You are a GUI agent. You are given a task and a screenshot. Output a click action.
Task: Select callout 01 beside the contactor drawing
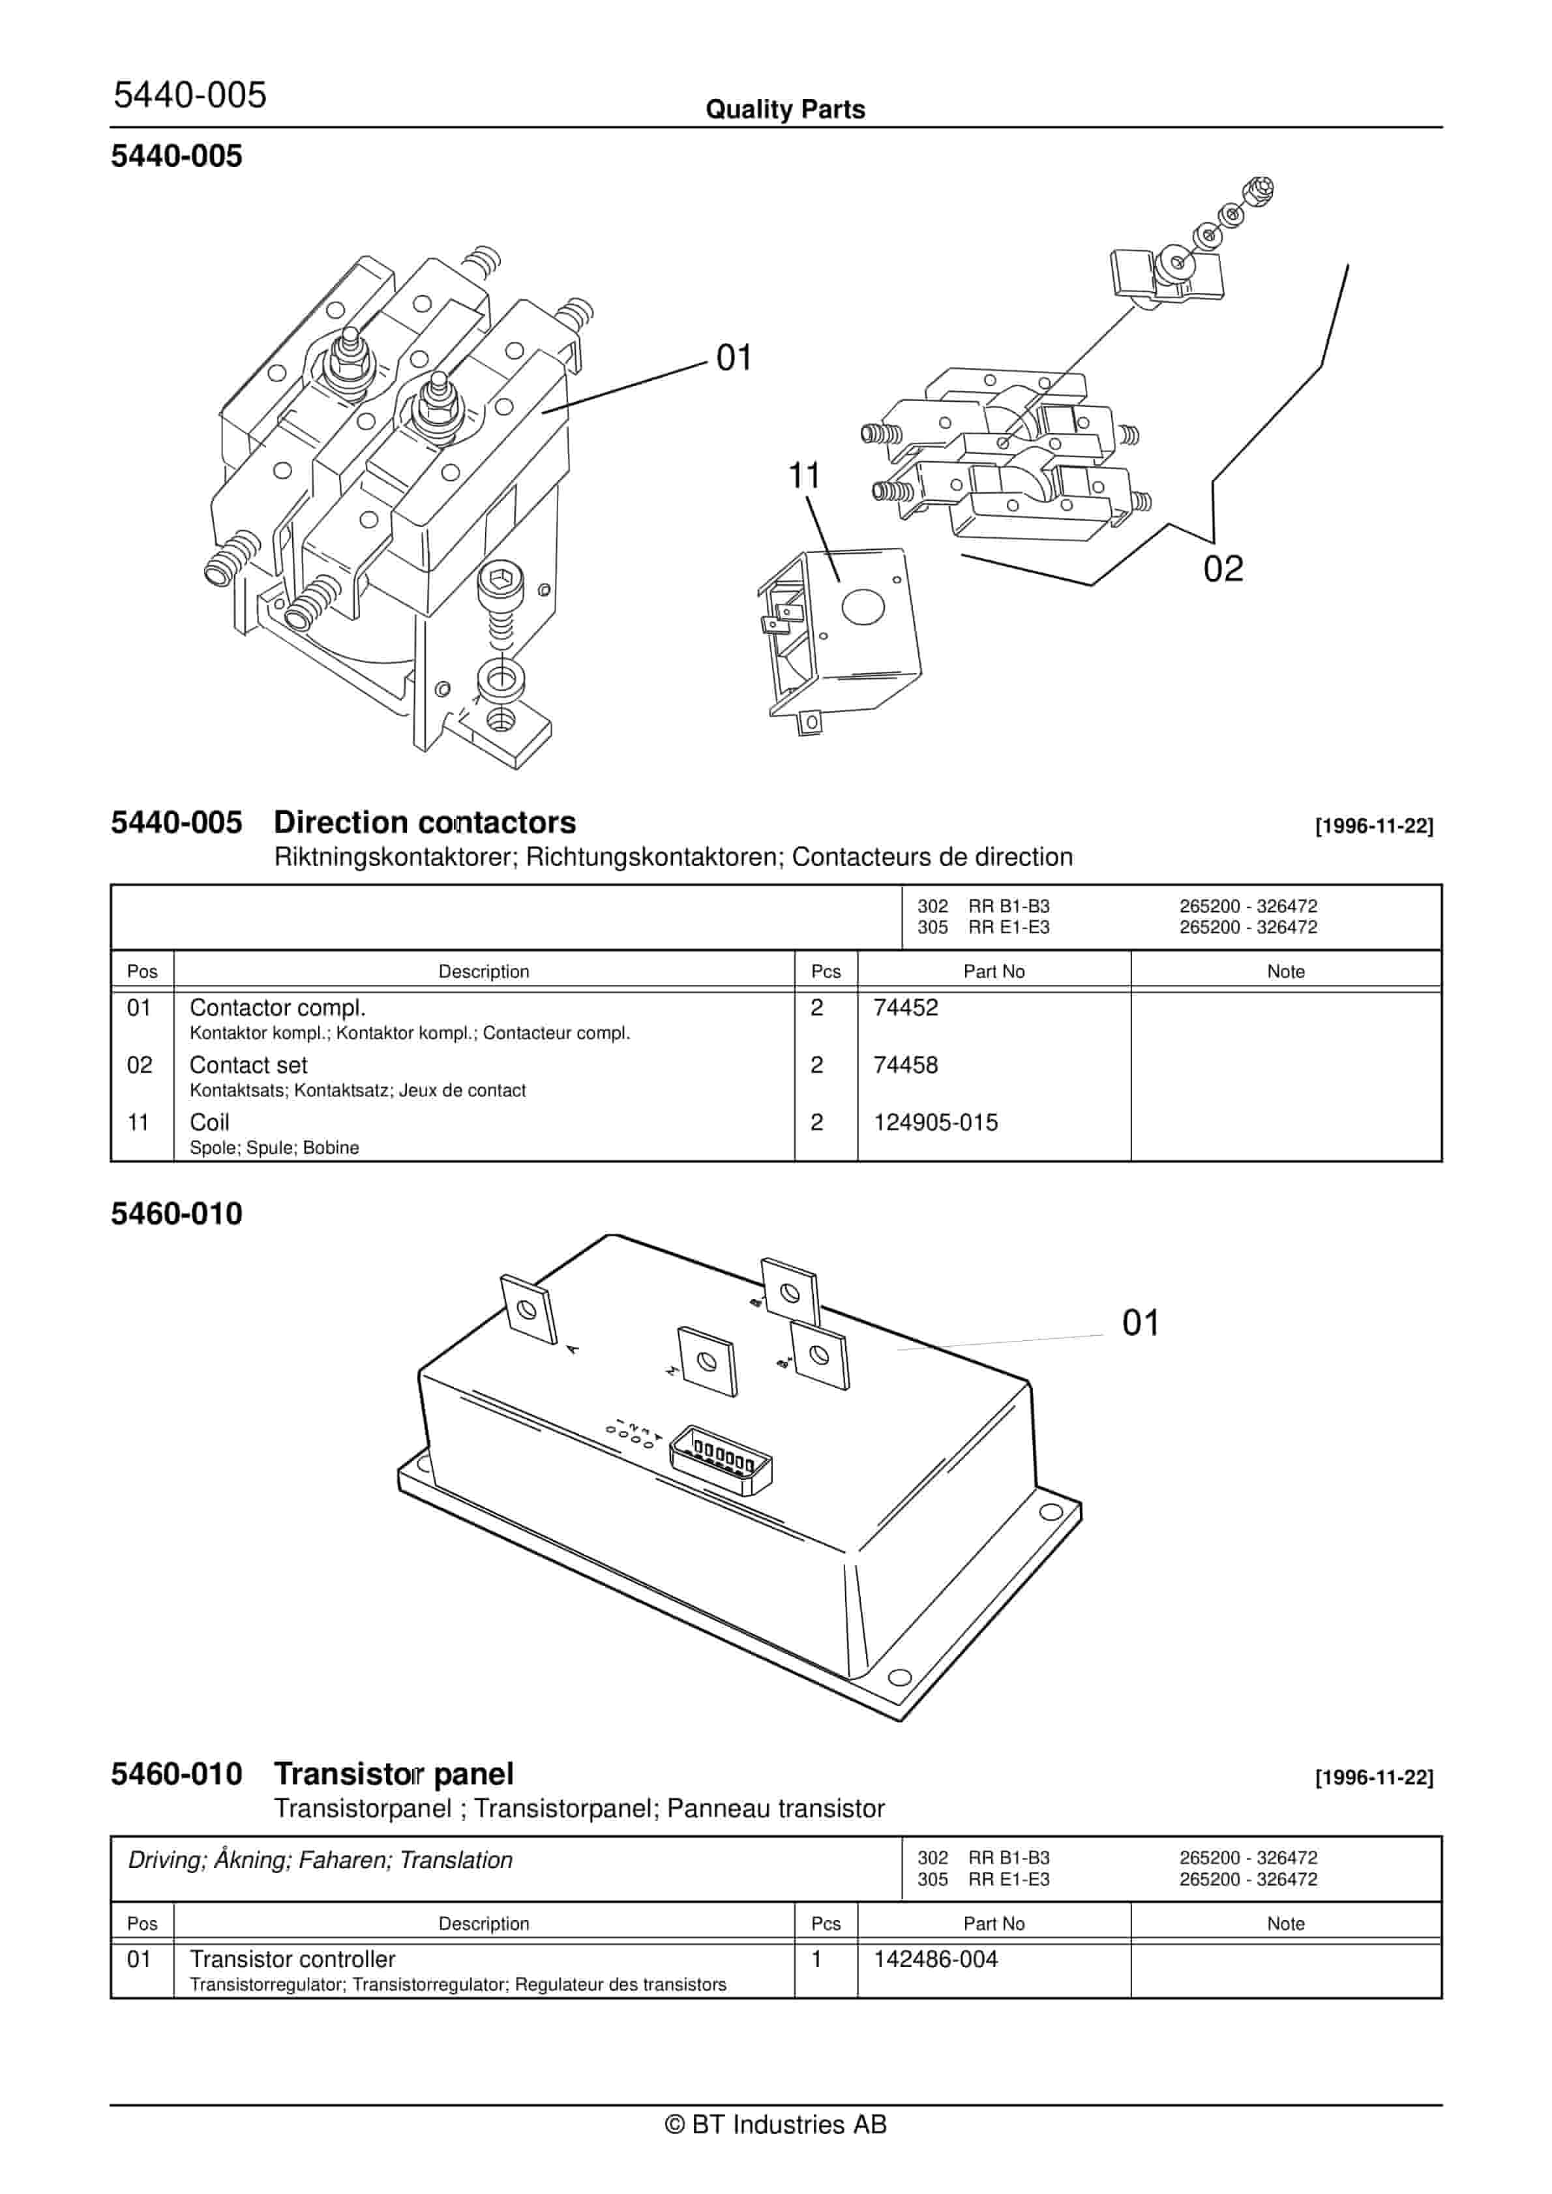tap(734, 357)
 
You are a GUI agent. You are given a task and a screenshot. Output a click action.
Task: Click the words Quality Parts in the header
tap(784, 109)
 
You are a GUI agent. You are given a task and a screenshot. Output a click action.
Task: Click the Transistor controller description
tap(292, 1959)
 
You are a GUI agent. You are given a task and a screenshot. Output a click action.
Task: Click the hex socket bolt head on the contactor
tap(499, 580)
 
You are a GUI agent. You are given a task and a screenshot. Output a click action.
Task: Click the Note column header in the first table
tap(1285, 971)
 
